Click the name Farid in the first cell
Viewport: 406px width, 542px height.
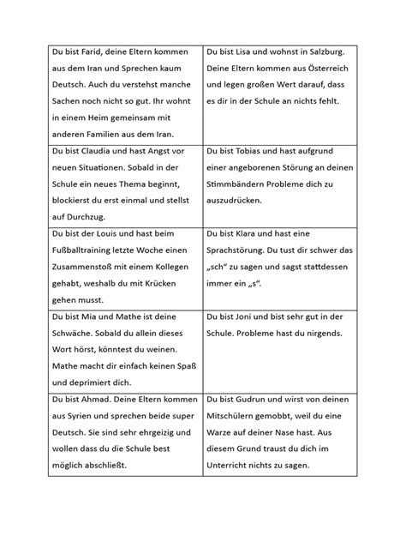point(83,51)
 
